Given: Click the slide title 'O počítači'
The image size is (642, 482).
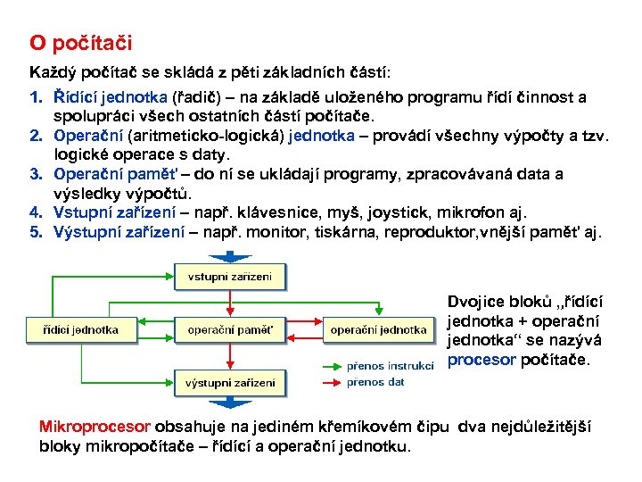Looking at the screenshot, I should pyautogui.click(x=80, y=42).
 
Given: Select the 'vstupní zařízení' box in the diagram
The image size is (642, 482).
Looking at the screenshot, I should pyautogui.click(x=229, y=277).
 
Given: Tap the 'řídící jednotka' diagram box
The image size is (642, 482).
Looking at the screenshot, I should pyautogui.click(x=82, y=329).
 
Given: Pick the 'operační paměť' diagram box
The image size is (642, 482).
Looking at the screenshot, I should pyautogui.click(x=229, y=329).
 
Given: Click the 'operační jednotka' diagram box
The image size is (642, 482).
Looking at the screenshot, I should pyautogui.click(x=378, y=329).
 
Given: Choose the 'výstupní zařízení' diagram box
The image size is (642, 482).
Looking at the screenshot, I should pyautogui.click(x=229, y=383).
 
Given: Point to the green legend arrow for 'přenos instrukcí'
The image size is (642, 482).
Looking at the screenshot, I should pyautogui.click(x=330, y=365).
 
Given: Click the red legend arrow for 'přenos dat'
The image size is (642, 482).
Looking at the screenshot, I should pyautogui.click(x=330, y=382).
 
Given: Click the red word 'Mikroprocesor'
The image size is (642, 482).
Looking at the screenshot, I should pyautogui.click(x=95, y=427).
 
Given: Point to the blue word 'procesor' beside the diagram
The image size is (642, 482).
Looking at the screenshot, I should pyautogui.click(x=481, y=360).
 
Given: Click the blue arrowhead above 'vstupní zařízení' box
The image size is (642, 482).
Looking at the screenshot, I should pyautogui.click(x=229, y=256).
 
